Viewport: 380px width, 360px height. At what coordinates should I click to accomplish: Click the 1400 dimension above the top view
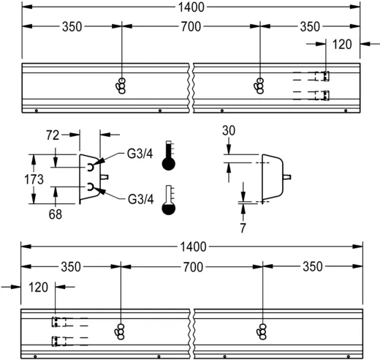(191, 7)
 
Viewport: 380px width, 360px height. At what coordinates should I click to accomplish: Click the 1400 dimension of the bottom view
(191, 247)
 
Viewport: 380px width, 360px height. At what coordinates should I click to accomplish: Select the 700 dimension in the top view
(191, 27)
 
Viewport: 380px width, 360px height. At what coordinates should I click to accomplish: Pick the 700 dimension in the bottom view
(191, 266)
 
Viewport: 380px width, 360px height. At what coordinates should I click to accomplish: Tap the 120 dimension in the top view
(341, 44)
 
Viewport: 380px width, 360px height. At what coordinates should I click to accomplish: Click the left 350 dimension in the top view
(71, 27)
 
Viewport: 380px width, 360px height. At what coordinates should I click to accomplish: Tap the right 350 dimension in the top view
(311, 27)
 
